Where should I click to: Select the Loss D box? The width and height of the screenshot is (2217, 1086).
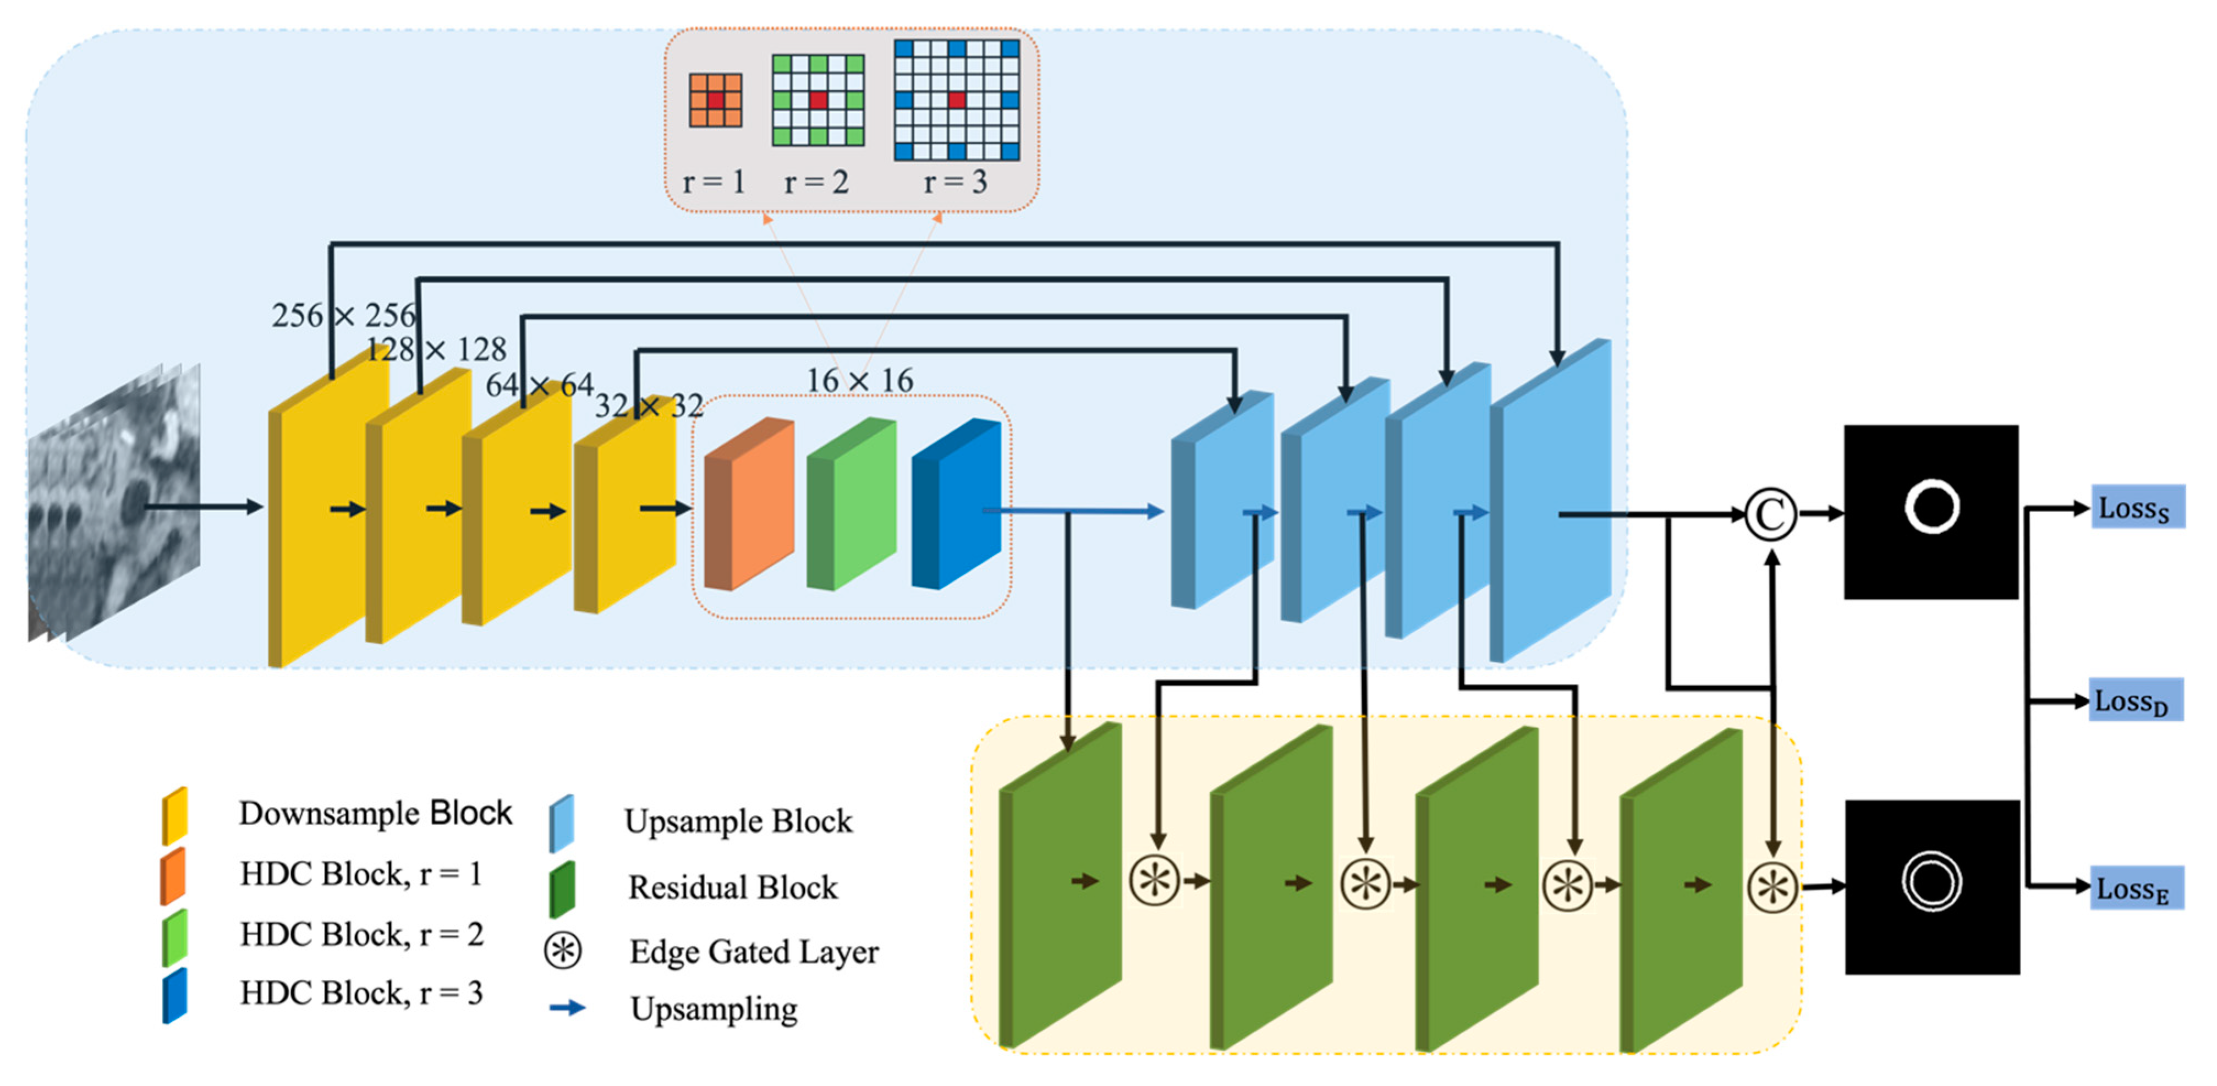pos(2134,700)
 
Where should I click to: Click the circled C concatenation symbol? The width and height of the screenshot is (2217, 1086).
pos(1769,514)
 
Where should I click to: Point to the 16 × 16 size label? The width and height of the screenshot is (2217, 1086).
pos(859,380)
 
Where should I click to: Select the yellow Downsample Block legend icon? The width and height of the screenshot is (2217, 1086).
pos(175,815)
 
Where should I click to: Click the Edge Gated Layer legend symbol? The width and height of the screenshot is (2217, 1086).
pos(563,950)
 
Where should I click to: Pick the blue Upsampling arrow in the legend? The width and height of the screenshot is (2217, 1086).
pos(567,1007)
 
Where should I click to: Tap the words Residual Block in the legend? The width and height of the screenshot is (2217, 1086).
pos(732,886)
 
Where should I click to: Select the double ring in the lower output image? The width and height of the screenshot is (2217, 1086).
pos(1931,882)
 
